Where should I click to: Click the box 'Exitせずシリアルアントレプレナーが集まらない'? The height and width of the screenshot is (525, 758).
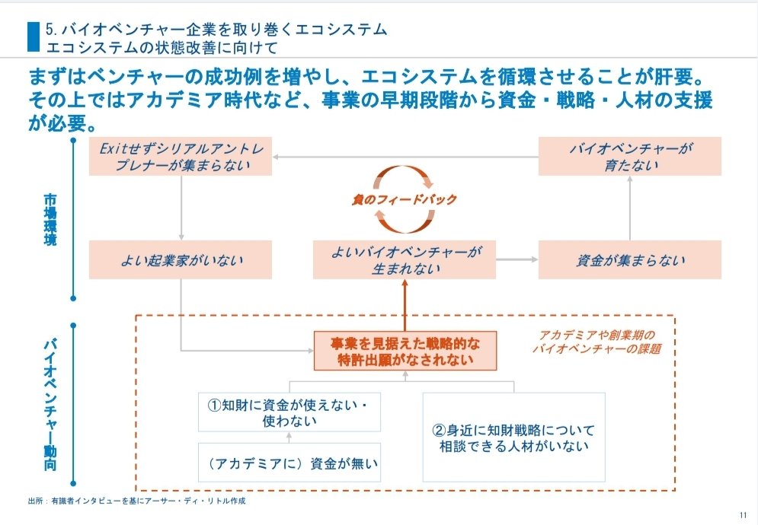[x=181, y=157]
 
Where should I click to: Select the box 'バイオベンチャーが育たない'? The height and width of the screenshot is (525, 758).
[x=630, y=157]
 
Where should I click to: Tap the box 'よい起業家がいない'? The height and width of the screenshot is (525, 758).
[x=181, y=260]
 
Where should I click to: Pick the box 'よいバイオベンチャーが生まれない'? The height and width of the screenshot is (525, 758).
[x=405, y=260]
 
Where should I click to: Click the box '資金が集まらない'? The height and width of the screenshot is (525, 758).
[x=630, y=260]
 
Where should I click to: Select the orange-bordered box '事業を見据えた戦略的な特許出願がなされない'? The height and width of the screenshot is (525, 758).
[x=405, y=350]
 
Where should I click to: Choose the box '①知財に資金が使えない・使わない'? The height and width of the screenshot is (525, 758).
[x=289, y=412]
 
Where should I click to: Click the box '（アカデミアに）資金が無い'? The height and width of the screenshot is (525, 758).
[x=289, y=462]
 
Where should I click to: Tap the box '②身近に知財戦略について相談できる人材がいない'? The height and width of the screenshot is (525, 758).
[x=514, y=437]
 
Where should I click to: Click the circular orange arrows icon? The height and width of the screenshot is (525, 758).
[x=404, y=199]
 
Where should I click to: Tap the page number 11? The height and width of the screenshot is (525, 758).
[x=743, y=514]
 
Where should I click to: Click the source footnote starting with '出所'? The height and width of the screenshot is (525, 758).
[x=137, y=501]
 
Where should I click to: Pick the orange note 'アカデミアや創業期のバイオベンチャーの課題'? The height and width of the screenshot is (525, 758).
[x=596, y=342]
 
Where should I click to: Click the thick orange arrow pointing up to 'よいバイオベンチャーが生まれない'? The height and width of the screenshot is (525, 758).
[x=405, y=304]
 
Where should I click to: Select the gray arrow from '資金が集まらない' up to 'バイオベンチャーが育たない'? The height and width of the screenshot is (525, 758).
[x=630, y=208]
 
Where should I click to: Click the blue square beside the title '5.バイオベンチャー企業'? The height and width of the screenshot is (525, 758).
[x=33, y=37]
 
